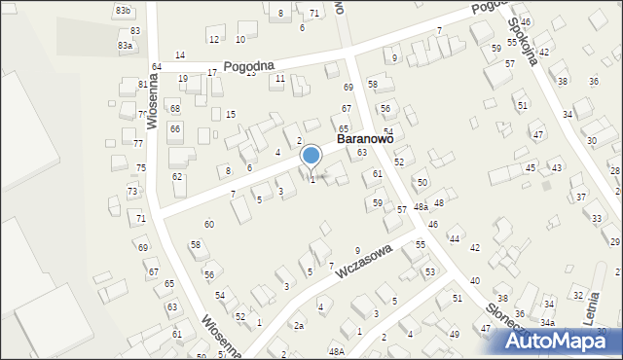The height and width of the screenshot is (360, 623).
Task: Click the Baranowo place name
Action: pos(365,139)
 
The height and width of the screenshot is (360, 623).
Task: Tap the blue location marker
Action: pos(311,156)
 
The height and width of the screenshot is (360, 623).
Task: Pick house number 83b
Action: pos(123,10)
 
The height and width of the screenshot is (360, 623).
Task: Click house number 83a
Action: pos(125,46)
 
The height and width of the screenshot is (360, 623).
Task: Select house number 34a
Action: pos(548,322)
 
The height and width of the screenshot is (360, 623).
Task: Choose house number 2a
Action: pos(300,325)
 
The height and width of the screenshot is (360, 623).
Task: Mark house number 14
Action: pos(180,54)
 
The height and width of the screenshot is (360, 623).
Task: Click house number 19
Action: pos(183,78)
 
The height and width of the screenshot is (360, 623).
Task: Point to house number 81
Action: pos(143,85)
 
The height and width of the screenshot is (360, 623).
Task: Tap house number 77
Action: pos(138,144)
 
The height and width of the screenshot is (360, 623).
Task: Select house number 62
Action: pos(177,176)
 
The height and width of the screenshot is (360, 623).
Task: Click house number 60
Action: pos(208,224)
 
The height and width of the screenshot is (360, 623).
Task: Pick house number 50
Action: pos(421,182)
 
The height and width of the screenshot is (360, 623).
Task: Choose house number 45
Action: pos(531,168)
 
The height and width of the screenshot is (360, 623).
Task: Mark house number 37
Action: pos(582,198)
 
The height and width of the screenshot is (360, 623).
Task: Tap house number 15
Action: pos(231,115)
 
